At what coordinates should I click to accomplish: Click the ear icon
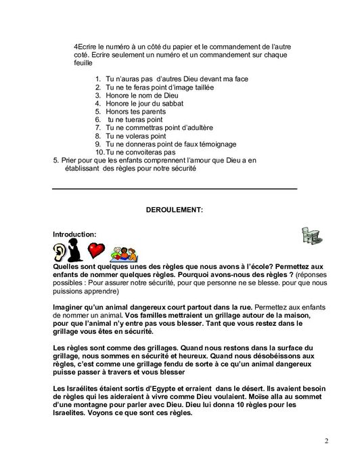point(61,252)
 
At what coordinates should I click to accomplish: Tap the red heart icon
point(98,251)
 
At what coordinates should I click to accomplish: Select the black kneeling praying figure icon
point(78,251)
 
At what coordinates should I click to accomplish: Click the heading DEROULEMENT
point(174,211)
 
